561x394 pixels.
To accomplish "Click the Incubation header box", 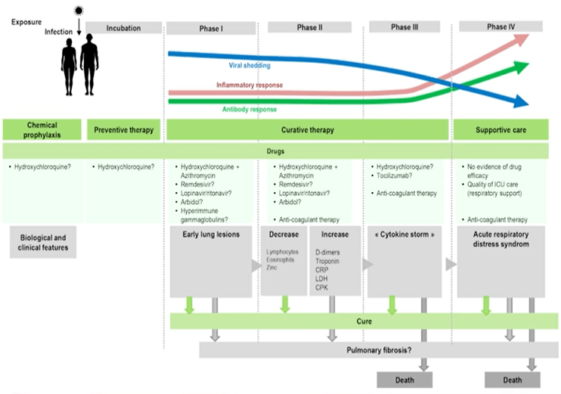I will point(123,28).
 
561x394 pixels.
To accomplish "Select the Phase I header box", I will point(211,28).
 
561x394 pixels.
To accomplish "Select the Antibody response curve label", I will point(250,109).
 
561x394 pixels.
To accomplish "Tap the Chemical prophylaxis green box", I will point(42,129).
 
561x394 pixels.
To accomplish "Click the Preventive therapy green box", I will point(124,129).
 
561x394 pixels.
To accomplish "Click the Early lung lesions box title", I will point(211,234).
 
